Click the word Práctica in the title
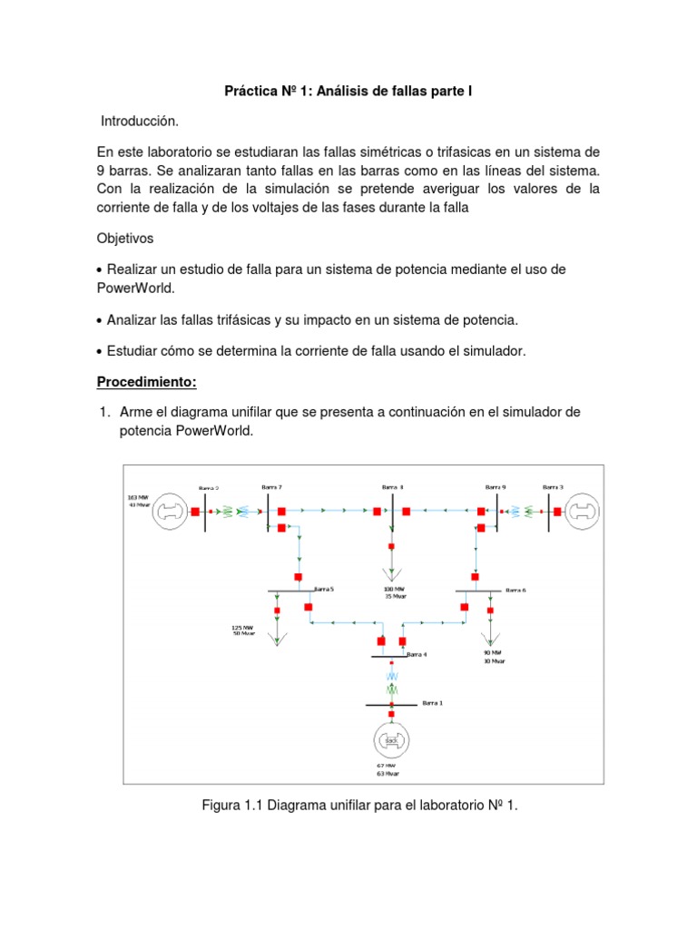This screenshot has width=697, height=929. (253, 92)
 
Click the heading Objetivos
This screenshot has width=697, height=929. (126, 238)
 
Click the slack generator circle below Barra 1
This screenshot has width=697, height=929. (391, 740)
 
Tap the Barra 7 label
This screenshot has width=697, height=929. (271, 487)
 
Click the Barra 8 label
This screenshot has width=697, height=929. (392, 487)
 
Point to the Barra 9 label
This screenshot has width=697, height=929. (496, 487)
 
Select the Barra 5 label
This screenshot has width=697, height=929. (324, 589)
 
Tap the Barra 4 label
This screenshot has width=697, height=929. (417, 654)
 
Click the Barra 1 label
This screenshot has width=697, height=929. (433, 702)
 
